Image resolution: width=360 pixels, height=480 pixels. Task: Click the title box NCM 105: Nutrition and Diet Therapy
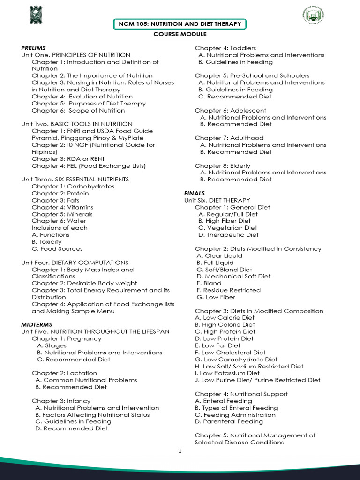(180, 24)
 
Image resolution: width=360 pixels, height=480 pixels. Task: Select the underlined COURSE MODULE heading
(180, 34)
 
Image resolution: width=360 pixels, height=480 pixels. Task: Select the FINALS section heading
(195, 193)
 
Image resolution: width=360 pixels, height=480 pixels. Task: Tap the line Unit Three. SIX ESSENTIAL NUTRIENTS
(75, 179)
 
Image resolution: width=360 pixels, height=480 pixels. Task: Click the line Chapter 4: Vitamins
(62, 207)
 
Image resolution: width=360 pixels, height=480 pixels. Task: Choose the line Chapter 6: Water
(59, 221)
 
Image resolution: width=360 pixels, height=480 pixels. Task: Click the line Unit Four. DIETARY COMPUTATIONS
(75, 262)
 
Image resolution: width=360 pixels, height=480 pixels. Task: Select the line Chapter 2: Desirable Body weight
(84, 283)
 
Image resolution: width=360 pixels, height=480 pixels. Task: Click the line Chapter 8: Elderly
(223, 165)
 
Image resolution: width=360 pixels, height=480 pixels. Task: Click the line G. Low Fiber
(216, 297)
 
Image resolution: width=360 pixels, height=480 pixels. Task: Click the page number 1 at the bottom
(180, 452)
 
